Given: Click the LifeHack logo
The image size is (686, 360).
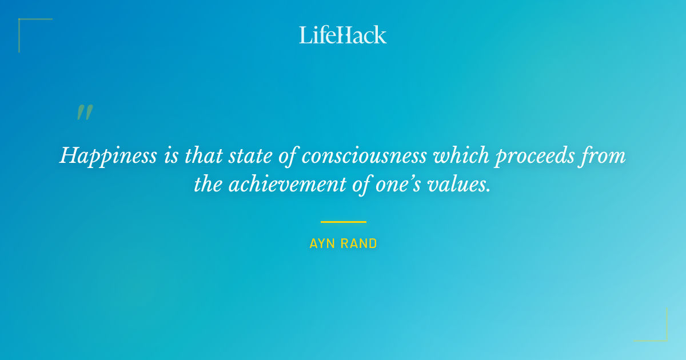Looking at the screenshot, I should pyautogui.click(x=343, y=35).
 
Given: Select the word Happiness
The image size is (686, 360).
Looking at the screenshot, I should pyautogui.click(x=107, y=155).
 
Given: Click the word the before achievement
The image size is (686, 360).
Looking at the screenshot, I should pyautogui.click(x=208, y=184).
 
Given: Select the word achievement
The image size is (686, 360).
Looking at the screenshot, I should pyautogui.click(x=284, y=184).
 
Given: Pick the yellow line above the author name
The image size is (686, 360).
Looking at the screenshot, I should pyautogui.click(x=343, y=222).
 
